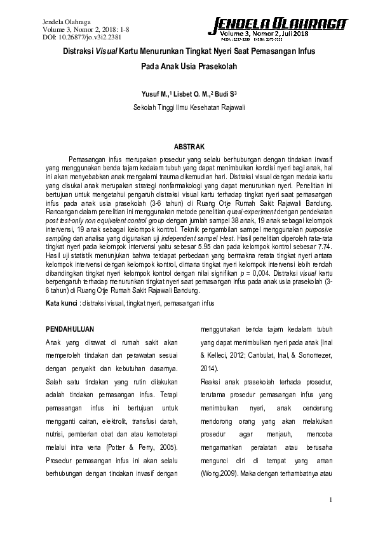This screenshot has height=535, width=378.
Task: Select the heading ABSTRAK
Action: tap(189, 146)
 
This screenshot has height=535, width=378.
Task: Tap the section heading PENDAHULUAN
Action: tap(71, 329)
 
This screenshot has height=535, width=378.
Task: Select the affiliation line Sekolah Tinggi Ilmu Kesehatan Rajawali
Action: tap(189, 107)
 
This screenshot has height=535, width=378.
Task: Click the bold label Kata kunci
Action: tap(61, 304)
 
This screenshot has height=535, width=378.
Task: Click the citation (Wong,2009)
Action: tap(219, 474)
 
